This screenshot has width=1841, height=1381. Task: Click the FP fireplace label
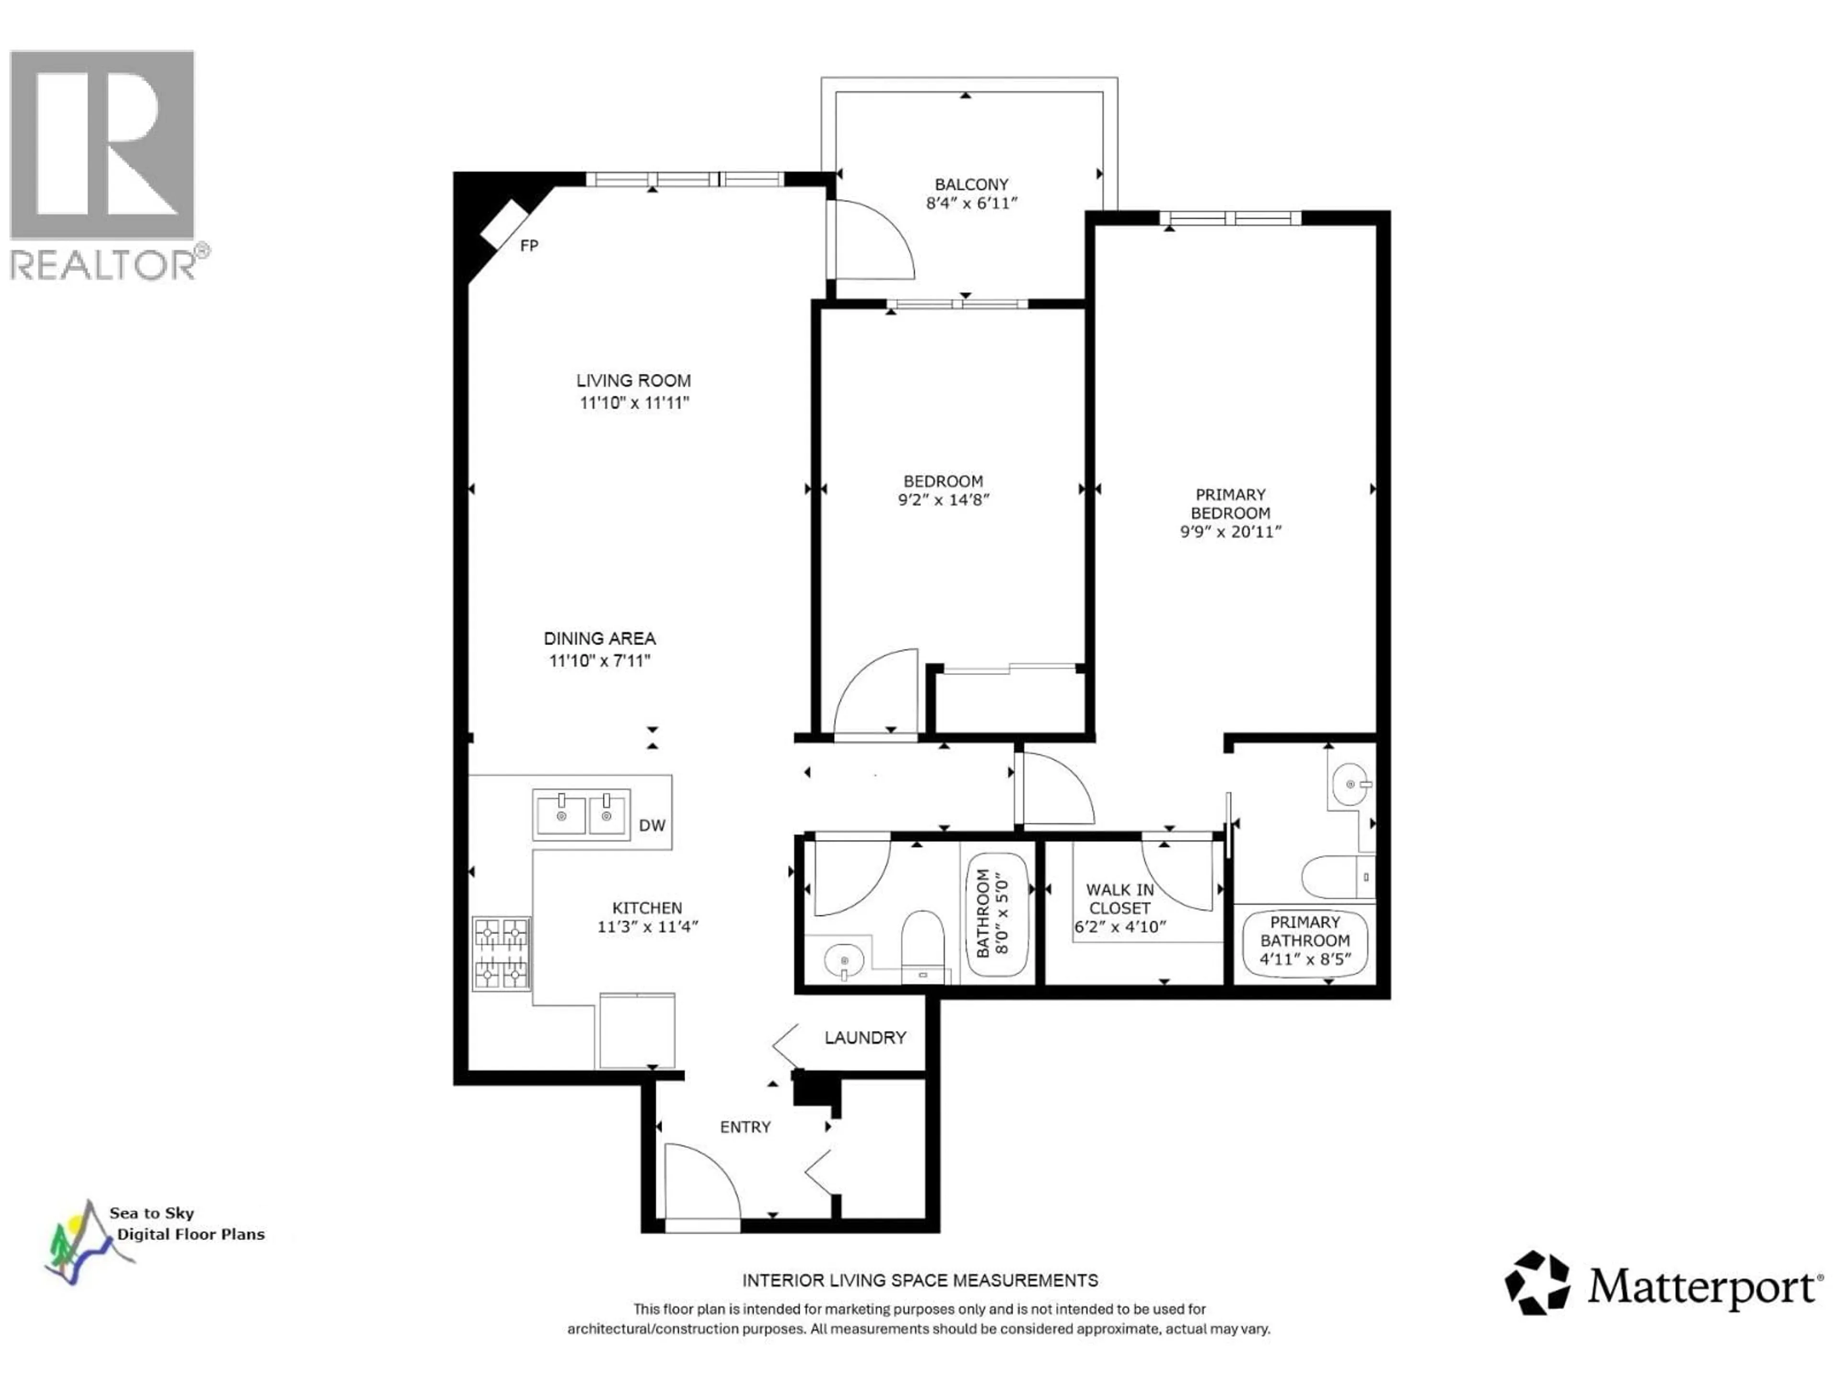(528, 246)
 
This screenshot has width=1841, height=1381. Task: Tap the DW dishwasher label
(652, 825)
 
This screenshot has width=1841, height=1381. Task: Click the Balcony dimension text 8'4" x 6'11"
(971, 203)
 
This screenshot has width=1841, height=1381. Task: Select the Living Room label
(633, 380)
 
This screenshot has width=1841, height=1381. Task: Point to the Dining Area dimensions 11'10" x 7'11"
(599, 661)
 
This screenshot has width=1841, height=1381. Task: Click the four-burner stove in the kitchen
(501, 953)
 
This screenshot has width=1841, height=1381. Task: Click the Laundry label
(865, 1037)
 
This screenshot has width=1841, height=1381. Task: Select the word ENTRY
(745, 1127)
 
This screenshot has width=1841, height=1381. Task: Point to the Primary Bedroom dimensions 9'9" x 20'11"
(1230, 532)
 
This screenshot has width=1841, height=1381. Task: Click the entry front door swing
(703, 1182)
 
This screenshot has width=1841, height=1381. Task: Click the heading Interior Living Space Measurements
(920, 1280)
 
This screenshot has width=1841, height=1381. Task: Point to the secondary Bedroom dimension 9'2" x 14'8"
(943, 500)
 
